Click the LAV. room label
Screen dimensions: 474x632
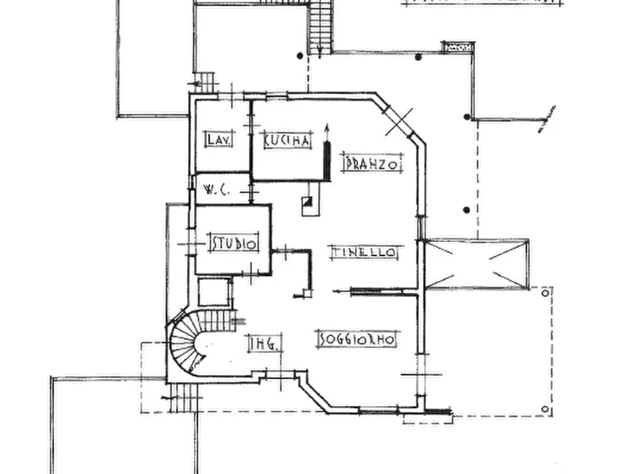pos(215,139)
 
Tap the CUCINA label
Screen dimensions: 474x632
pos(287,141)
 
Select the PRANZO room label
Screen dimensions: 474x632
pos(372,163)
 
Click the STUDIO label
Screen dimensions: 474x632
pos(234,244)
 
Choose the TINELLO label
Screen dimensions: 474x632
pos(366,252)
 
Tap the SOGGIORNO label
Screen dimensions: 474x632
pos(357,340)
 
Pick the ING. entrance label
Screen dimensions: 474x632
pos(266,344)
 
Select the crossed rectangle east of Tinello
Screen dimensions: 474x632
pos(478,264)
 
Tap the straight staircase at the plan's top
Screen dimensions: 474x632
pos(321,26)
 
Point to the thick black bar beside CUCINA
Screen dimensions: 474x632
pos(327,161)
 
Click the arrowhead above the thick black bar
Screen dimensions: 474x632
pos(327,129)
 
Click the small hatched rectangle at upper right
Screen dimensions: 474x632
pos(458,47)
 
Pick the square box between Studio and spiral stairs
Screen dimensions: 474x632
pos(214,292)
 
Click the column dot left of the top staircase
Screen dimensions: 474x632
pos(300,55)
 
